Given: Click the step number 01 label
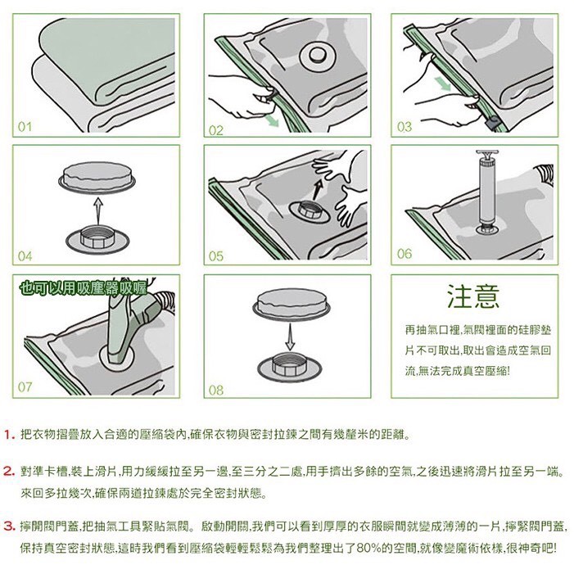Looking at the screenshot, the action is (25, 127).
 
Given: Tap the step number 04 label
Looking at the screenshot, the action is (25, 256).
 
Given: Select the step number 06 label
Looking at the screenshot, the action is (405, 253).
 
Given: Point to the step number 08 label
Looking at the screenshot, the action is (216, 390).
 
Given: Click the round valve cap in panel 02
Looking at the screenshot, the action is (318, 56).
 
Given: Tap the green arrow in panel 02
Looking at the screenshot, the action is (273, 120).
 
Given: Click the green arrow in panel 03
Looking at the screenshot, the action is (445, 84).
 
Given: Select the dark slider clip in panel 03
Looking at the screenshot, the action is (493, 121).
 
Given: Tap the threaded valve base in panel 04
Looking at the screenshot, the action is (97, 239).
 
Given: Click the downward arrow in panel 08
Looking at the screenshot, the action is (290, 337).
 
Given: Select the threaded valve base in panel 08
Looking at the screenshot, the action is (290, 366).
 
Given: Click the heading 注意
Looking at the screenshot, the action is (474, 296).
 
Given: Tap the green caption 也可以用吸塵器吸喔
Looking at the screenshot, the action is (84, 288).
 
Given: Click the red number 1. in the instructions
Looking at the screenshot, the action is (10, 435).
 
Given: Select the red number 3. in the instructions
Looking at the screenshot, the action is (10, 527).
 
